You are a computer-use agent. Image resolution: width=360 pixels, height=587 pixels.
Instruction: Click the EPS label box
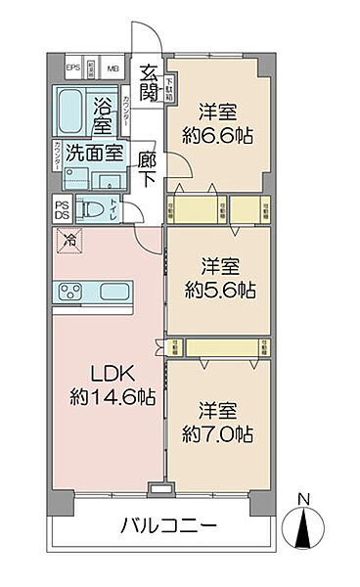72,68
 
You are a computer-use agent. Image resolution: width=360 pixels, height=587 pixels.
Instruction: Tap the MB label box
112,68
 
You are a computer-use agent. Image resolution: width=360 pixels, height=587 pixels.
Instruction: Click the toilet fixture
93,208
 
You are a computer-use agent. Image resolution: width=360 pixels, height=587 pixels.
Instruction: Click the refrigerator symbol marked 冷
68,239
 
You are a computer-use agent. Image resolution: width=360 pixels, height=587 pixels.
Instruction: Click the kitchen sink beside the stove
114,291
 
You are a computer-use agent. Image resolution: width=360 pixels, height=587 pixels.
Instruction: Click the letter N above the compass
304,501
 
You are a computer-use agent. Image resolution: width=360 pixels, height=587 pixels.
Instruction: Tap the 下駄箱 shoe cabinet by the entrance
170,88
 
